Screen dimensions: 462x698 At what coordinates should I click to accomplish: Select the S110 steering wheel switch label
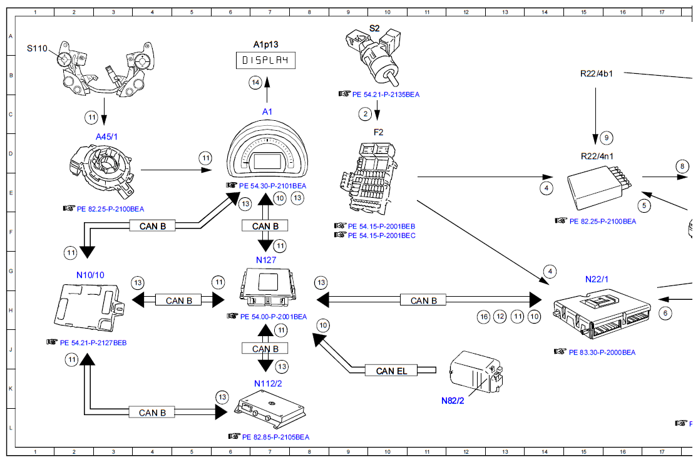pos(37,48)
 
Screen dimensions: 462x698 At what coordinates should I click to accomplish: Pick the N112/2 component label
pos(267,384)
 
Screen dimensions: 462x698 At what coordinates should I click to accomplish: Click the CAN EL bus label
pos(391,371)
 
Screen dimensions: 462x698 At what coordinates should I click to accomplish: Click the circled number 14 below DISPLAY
pos(255,82)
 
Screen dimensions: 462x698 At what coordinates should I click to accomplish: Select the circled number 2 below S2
pos(364,113)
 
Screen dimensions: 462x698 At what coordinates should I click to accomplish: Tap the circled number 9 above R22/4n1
pos(605,137)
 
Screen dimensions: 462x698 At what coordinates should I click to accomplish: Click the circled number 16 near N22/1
pos(483,317)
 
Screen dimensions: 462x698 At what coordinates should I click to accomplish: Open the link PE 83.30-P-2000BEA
pos(602,352)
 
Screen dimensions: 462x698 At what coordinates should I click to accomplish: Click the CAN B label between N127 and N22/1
pos(424,300)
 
